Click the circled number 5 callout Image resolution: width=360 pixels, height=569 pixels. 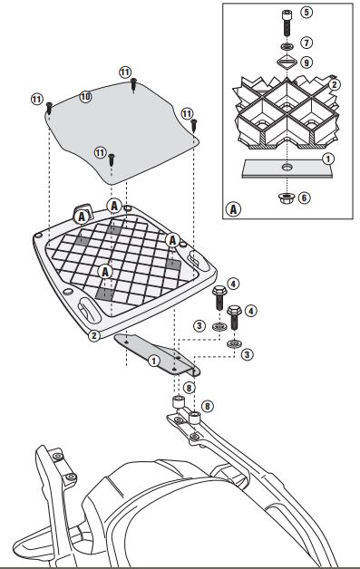coord(306,12)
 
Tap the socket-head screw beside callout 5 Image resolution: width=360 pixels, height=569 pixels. coord(287,23)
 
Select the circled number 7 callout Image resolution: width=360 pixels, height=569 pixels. coord(306,43)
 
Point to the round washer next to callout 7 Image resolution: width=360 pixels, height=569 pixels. coord(287,46)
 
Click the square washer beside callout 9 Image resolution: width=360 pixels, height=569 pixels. coord(287,62)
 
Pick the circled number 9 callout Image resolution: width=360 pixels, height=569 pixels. coord(306,63)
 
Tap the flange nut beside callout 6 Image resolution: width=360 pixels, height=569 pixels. coord(287,198)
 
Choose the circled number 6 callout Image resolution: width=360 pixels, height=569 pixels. coord(305,198)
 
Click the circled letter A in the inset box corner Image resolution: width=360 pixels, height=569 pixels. coord(233,209)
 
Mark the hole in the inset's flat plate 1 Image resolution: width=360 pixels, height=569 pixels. coord(287,168)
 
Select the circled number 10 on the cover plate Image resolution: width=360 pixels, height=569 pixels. coord(85,97)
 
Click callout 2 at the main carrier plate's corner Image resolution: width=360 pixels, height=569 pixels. coord(93,335)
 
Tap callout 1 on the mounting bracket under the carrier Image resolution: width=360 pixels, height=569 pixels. coord(154,361)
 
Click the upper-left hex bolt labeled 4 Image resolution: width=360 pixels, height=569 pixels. coord(219,297)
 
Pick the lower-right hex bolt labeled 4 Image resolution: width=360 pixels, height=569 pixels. coord(235,317)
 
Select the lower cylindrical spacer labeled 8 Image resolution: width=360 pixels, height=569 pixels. coord(195,418)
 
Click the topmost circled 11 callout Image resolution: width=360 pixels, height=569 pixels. coord(125,72)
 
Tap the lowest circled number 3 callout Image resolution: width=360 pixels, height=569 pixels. coord(247,354)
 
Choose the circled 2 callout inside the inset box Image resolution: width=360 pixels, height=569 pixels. coord(335,84)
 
